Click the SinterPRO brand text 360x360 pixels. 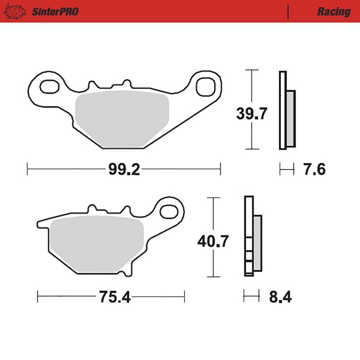click(55, 12)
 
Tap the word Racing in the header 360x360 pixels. click(334, 12)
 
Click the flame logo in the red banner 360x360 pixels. click(15, 12)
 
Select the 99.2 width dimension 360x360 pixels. click(124, 169)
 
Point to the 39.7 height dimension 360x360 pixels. click(252, 114)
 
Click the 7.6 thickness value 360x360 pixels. click(314, 169)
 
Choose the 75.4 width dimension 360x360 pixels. click(115, 297)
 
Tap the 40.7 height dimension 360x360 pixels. click(213, 241)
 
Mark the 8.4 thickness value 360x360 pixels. click(280, 297)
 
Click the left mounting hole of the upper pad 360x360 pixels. click(49, 86)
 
